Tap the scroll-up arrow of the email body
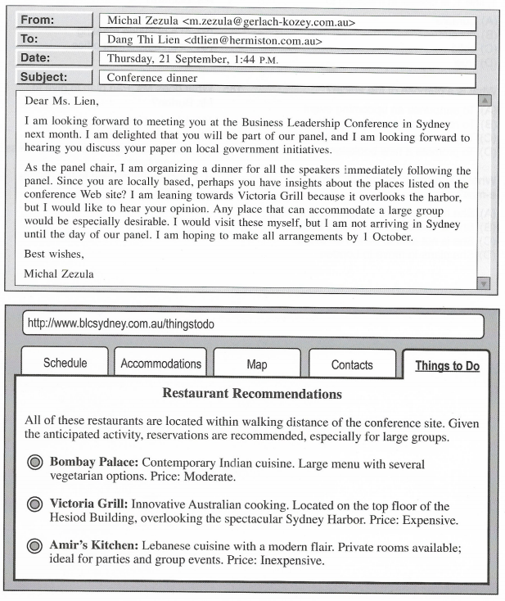486,101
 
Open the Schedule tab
65,364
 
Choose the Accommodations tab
161,364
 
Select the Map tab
256,364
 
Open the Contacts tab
352,364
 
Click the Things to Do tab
447,365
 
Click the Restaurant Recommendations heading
252,393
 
